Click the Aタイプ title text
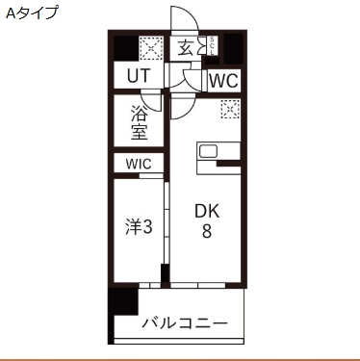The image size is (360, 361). (x=32, y=13)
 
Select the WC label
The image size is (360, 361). (x=222, y=80)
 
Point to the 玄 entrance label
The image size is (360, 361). (x=185, y=48)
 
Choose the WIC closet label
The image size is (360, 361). (x=138, y=164)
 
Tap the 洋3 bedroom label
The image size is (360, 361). (x=139, y=227)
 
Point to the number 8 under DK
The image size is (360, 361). (x=206, y=232)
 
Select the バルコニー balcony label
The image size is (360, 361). (x=184, y=322)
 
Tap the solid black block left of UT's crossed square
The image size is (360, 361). (x=124, y=47)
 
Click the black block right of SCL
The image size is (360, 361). (x=232, y=46)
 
